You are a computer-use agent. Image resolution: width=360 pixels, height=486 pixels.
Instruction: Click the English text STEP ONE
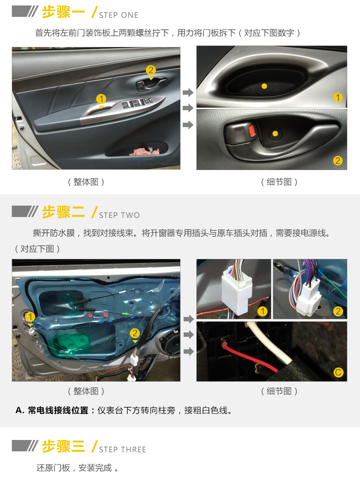click(x=118, y=15)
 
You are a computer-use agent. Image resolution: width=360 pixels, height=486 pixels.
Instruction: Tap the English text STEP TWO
click(x=119, y=215)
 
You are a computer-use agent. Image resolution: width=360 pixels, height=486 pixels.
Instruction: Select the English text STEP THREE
click(x=123, y=450)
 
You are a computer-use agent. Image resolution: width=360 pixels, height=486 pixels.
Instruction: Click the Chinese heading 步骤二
click(x=63, y=212)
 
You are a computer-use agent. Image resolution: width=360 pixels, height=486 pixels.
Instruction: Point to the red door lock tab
click(x=252, y=130)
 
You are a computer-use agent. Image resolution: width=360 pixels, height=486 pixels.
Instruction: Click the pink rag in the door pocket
click(x=144, y=151)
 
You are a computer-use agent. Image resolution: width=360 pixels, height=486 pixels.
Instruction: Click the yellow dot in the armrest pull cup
click(x=264, y=86)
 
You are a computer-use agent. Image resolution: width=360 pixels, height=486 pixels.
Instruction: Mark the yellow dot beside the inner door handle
click(x=275, y=134)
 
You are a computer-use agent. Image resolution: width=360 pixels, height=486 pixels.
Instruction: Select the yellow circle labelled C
click(x=338, y=372)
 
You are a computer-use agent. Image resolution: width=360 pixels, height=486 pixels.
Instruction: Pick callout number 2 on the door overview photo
click(x=150, y=70)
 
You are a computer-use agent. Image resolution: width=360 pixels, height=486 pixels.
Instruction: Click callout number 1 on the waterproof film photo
click(x=30, y=317)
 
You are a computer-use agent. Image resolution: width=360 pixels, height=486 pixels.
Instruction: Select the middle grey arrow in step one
click(x=188, y=108)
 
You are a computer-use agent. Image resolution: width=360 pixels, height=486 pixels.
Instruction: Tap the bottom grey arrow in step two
click(x=189, y=352)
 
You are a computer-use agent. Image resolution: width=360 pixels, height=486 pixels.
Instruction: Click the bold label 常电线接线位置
click(x=58, y=410)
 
